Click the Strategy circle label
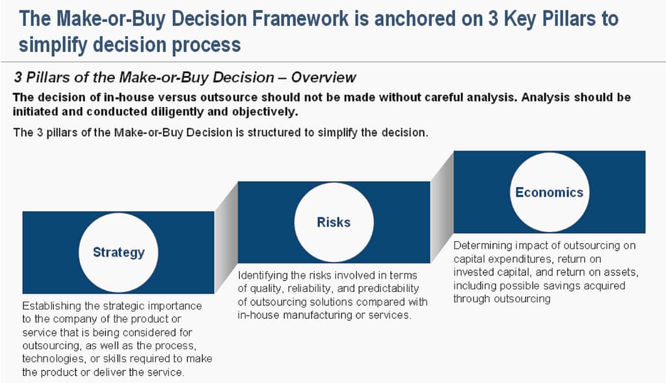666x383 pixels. [x=118, y=252]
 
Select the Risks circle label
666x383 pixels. [x=334, y=222]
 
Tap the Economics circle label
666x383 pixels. [x=549, y=192]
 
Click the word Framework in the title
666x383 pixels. [x=300, y=19]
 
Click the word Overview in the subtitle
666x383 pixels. [x=324, y=78]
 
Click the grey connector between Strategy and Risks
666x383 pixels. [x=226, y=238]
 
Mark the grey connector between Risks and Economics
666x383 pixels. [x=442, y=207]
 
